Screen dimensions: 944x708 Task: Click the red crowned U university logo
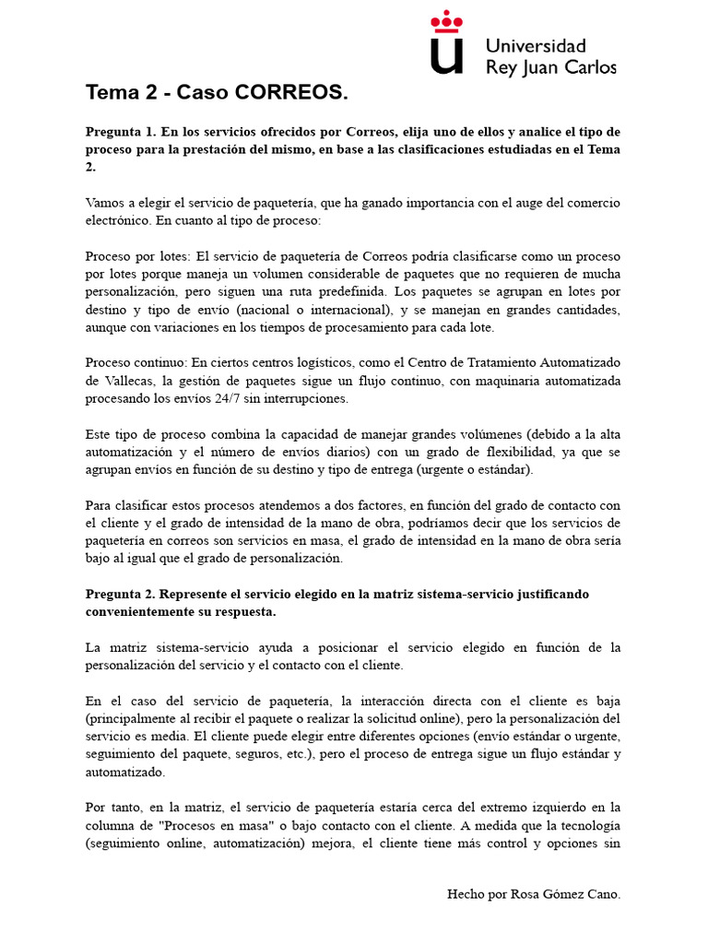tap(448, 43)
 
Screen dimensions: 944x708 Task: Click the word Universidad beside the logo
tap(536, 45)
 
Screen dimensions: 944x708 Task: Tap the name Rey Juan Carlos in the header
tap(550, 66)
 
